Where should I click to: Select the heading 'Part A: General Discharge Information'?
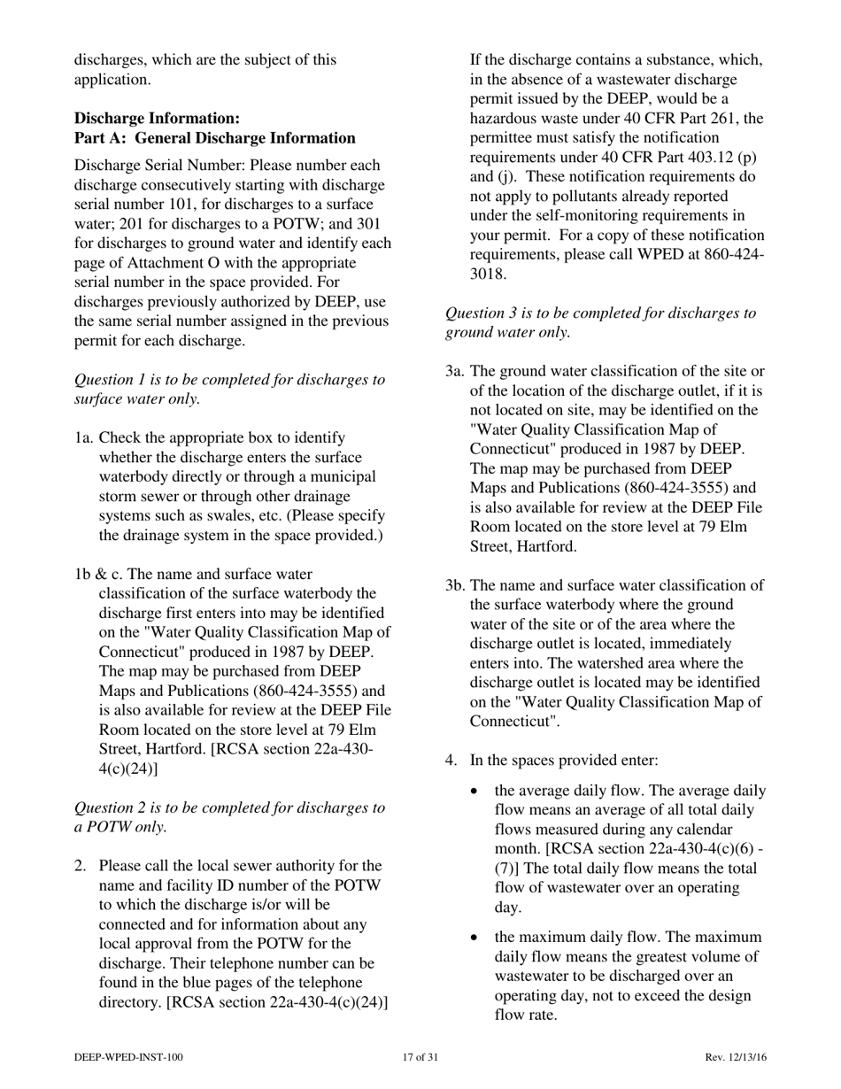pos(215,138)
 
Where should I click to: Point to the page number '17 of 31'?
pos(420,1057)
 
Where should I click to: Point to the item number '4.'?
pos(451,760)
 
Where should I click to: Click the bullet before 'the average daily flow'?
pos(478,792)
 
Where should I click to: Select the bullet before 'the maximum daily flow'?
pos(478,938)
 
